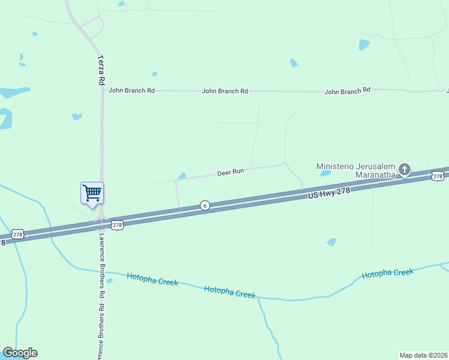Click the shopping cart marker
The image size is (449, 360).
[x=92, y=194]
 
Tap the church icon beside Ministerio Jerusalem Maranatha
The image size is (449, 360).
[x=405, y=169]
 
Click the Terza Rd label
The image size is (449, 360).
[x=101, y=71]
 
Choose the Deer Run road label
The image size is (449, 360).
[x=231, y=172]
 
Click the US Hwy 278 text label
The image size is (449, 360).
[x=330, y=192]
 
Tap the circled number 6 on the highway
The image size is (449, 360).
[x=205, y=205]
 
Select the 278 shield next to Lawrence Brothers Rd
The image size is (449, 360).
[x=117, y=225]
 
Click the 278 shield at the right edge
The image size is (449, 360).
[x=437, y=176]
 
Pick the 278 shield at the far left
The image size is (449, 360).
[x=17, y=235]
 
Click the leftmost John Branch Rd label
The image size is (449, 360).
[x=131, y=90]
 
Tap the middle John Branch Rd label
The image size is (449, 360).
[x=225, y=91]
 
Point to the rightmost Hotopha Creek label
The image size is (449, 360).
[x=387, y=274]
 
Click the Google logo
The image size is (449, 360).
[x=20, y=353]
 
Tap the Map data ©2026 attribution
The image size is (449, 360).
[x=423, y=355]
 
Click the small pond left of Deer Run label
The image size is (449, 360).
[x=182, y=176]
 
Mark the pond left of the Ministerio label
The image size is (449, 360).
[x=326, y=173]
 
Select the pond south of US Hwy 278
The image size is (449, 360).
[x=331, y=242]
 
